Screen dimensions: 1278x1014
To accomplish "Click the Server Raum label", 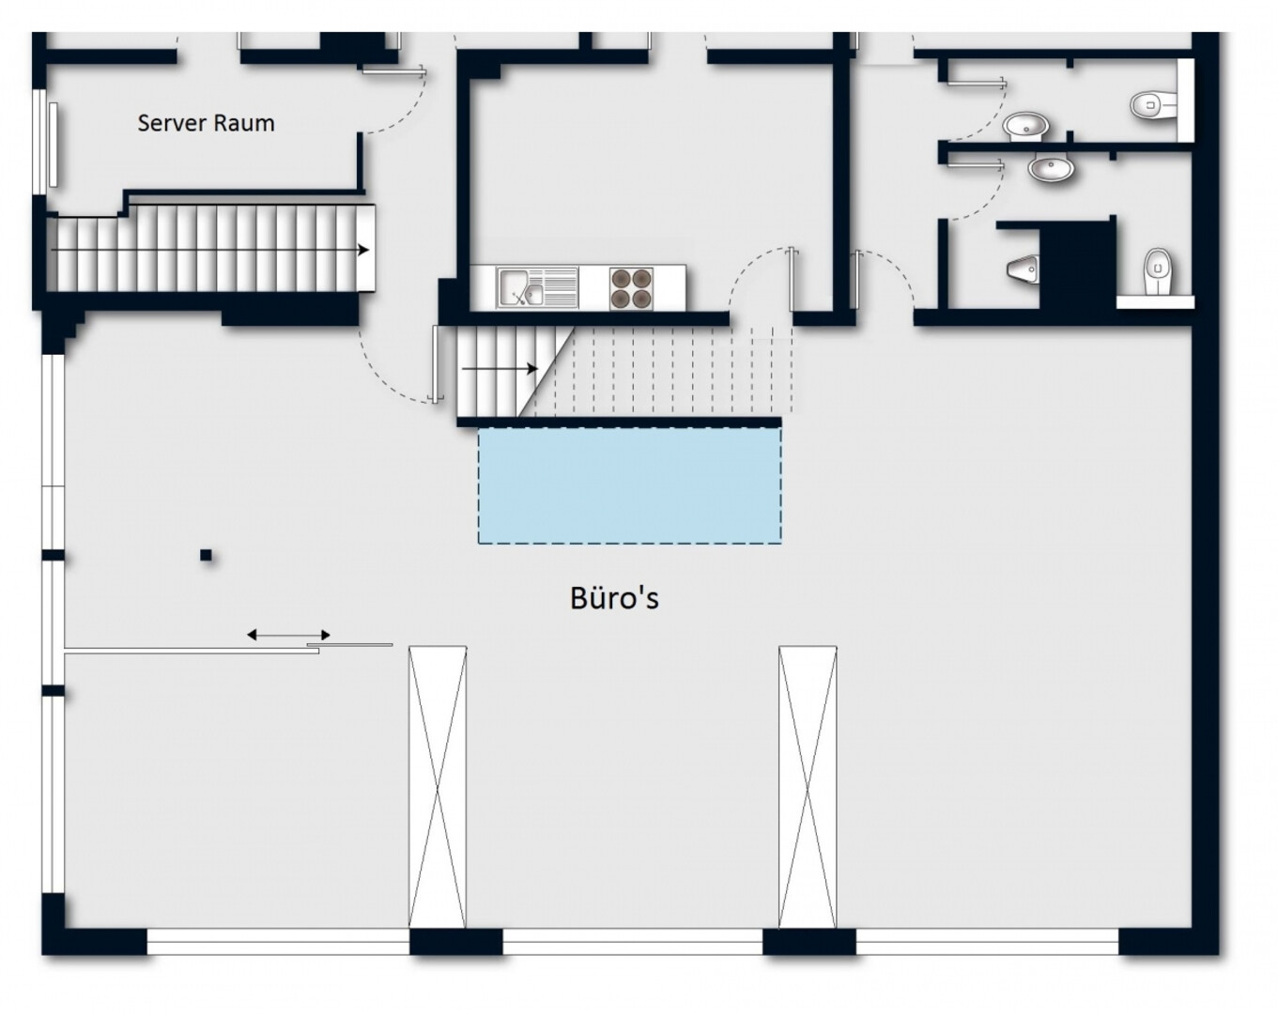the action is tap(206, 124).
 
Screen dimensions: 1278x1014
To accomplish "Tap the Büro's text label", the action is tap(614, 597).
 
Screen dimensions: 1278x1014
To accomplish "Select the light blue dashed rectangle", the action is tap(629, 485).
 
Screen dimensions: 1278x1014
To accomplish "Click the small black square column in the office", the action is tap(206, 556).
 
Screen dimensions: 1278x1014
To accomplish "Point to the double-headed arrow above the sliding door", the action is tap(288, 635).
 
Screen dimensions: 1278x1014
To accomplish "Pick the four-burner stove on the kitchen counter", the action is tap(631, 288).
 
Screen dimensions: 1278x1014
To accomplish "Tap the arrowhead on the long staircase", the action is tap(363, 250).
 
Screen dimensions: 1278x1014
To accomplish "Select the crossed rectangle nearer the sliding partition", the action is tap(438, 787).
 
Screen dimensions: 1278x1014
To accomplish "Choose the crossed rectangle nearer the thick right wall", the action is tap(808, 787).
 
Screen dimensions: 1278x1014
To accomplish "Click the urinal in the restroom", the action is tap(1024, 269).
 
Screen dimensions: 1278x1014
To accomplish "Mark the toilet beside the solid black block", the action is tap(1158, 271).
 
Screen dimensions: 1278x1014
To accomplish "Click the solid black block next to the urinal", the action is tap(1075, 266).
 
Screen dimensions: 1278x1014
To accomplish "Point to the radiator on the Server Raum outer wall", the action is tap(54, 145).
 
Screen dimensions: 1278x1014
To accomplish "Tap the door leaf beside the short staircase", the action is tap(436, 364).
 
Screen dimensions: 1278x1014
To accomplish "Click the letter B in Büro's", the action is tap(578, 599).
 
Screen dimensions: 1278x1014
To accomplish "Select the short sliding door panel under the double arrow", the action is tap(349, 644).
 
